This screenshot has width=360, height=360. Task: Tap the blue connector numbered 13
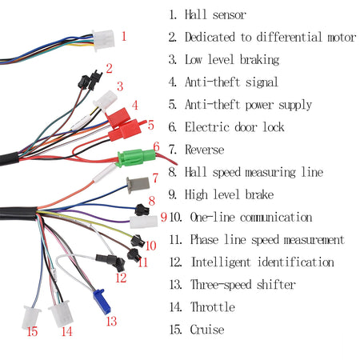click(101, 300)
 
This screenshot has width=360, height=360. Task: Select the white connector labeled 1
click(103, 38)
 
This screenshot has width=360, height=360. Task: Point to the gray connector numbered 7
click(138, 186)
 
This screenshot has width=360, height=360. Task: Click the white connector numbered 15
click(33, 315)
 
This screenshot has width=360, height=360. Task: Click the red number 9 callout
click(162, 216)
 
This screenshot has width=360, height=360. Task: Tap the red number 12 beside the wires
click(120, 278)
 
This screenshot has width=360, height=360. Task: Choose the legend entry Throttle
click(212, 306)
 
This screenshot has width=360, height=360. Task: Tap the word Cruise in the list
click(207, 329)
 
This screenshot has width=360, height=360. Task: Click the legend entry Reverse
click(205, 150)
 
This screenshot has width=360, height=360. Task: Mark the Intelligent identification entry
click(262, 262)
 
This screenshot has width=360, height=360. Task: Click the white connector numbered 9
click(143, 222)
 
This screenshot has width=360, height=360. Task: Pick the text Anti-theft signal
click(231, 82)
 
